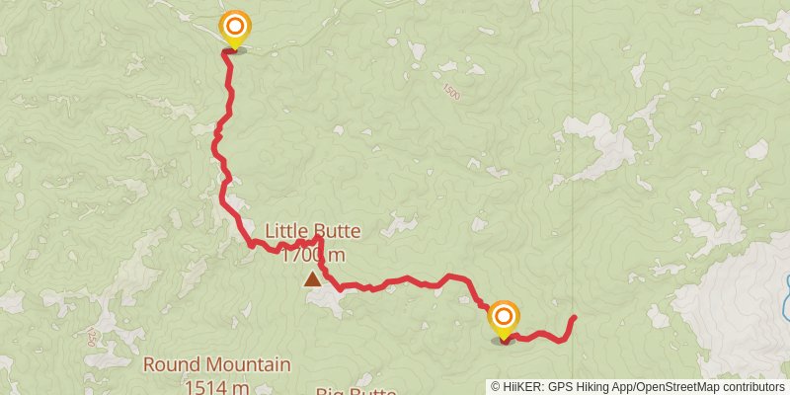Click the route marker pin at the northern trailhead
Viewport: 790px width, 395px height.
pos(236,28)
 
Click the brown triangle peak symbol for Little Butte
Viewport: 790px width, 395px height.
pos(313,279)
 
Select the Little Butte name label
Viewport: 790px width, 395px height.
pos(312,232)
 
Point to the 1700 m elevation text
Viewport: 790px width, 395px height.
pos(312,255)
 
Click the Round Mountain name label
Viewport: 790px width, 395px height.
pos(217,364)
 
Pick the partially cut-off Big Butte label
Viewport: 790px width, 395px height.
pos(355,391)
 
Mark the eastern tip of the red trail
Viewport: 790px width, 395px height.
pos(574,317)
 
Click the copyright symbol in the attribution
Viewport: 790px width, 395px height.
pos(496,386)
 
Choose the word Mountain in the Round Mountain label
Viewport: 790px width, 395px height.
pos(246,364)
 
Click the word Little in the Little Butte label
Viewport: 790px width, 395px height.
pos(286,232)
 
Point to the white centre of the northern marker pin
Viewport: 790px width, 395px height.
pos(236,24)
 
